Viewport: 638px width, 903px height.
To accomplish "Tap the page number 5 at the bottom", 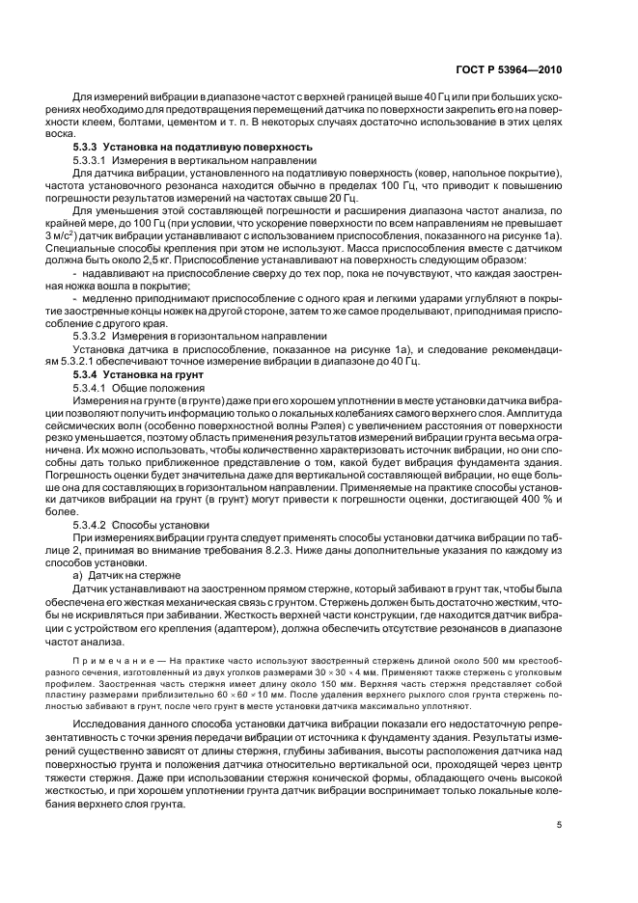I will click(x=560, y=825).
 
